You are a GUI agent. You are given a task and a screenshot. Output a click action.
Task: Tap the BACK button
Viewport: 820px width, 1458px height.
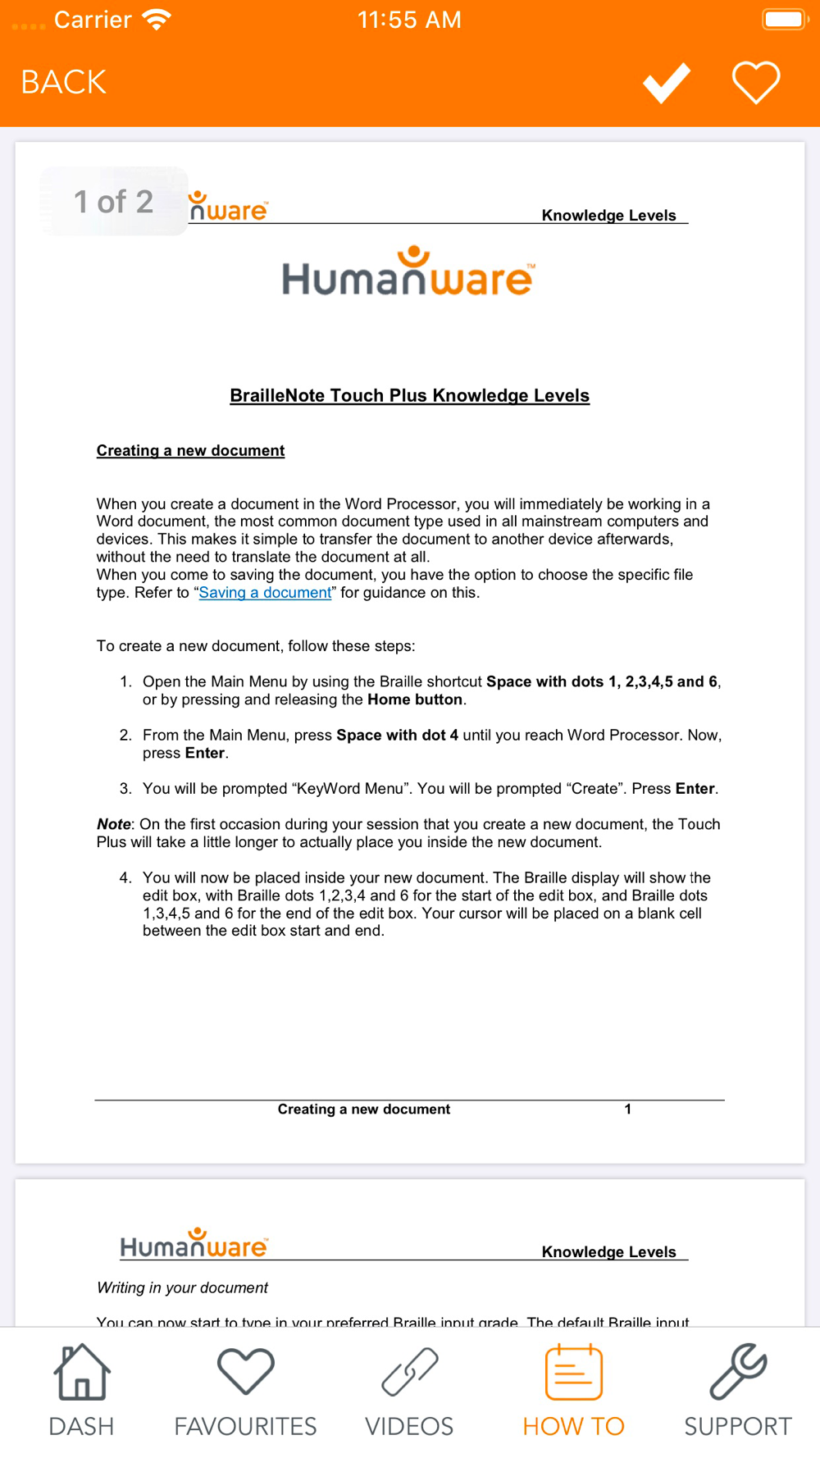[x=63, y=82]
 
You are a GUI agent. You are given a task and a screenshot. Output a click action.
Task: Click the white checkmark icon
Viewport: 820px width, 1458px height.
[x=666, y=82]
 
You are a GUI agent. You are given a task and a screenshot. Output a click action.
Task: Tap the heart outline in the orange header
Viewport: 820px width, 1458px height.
[x=755, y=82]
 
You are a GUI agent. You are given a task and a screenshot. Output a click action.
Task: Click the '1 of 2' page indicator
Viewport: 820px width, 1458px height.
[x=113, y=202]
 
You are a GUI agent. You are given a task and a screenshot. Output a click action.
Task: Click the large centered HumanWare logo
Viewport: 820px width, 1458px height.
[x=408, y=272]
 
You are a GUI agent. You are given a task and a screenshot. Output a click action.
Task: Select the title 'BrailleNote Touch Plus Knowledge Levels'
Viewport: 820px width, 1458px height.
[x=409, y=395]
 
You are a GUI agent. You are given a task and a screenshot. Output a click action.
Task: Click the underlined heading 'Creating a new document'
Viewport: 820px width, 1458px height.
[x=190, y=450]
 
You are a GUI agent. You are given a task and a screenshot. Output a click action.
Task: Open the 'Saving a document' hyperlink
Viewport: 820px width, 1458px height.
[x=265, y=593]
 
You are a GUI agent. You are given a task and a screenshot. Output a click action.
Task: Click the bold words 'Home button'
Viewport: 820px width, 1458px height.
[x=415, y=699]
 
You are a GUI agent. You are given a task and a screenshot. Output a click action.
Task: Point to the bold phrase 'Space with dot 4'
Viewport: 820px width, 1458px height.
[x=397, y=736]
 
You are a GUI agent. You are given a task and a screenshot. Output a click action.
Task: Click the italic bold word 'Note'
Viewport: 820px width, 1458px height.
[x=113, y=824]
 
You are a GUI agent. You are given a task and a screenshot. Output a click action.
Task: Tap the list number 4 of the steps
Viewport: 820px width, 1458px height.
[x=125, y=877]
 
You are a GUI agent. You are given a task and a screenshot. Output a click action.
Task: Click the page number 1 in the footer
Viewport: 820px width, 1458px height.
[x=627, y=1109]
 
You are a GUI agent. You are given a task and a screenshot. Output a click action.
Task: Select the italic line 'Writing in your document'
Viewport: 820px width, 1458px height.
[x=182, y=1287]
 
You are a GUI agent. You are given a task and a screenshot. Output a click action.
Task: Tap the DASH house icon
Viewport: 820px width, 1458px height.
[x=81, y=1371]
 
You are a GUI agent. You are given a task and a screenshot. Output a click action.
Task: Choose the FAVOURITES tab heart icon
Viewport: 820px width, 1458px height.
[x=245, y=1371]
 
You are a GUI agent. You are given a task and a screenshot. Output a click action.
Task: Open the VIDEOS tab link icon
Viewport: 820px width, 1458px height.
[x=409, y=1371]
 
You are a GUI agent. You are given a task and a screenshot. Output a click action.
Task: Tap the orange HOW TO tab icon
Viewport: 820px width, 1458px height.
[x=573, y=1371]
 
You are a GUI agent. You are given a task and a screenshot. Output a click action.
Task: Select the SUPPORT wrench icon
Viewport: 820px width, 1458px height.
[x=737, y=1371]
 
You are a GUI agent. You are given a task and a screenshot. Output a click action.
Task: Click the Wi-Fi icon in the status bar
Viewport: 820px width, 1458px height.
[x=156, y=20]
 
